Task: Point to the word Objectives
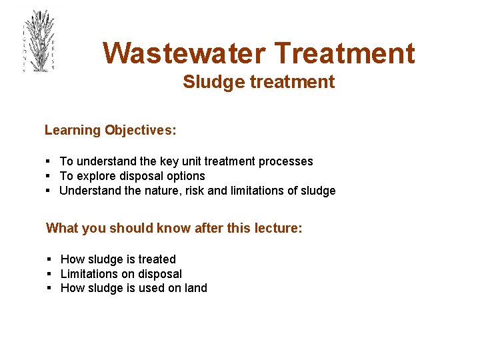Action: [140, 131]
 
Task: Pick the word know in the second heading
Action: [173, 229]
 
